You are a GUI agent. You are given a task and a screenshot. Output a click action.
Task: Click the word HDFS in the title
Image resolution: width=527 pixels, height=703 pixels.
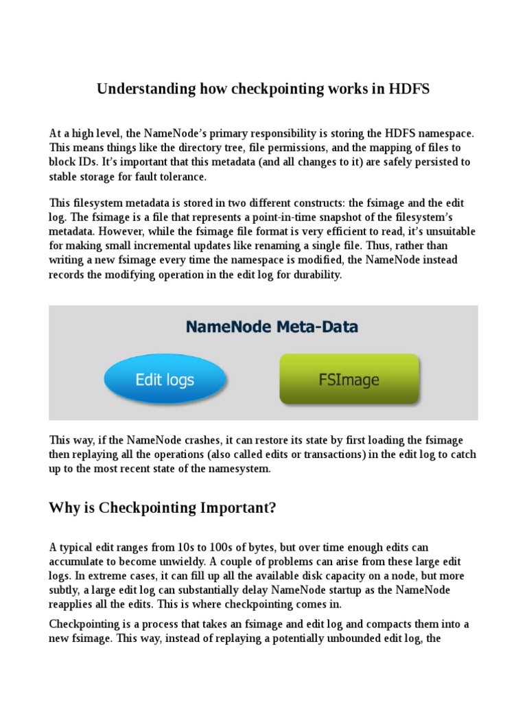pyautogui.click(x=408, y=89)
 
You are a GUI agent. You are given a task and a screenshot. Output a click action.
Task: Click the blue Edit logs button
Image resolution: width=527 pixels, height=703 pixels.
pyautogui.click(x=165, y=379)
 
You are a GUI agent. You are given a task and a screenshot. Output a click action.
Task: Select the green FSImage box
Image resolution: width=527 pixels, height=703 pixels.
pyautogui.click(x=349, y=379)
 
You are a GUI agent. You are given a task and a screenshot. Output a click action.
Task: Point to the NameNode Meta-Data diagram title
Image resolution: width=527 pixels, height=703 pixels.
pyautogui.click(x=272, y=327)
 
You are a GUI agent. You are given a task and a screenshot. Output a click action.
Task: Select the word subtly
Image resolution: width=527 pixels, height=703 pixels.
pyautogui.click(x=66, y=590)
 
